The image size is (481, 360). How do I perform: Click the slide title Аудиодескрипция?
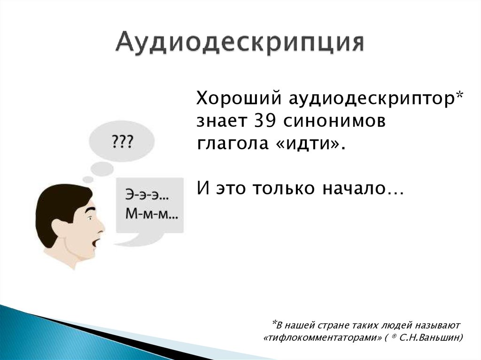pyautogui.click(x=240, y=44)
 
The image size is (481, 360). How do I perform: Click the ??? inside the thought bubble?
pyautogui.click(x=121, y=141)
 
